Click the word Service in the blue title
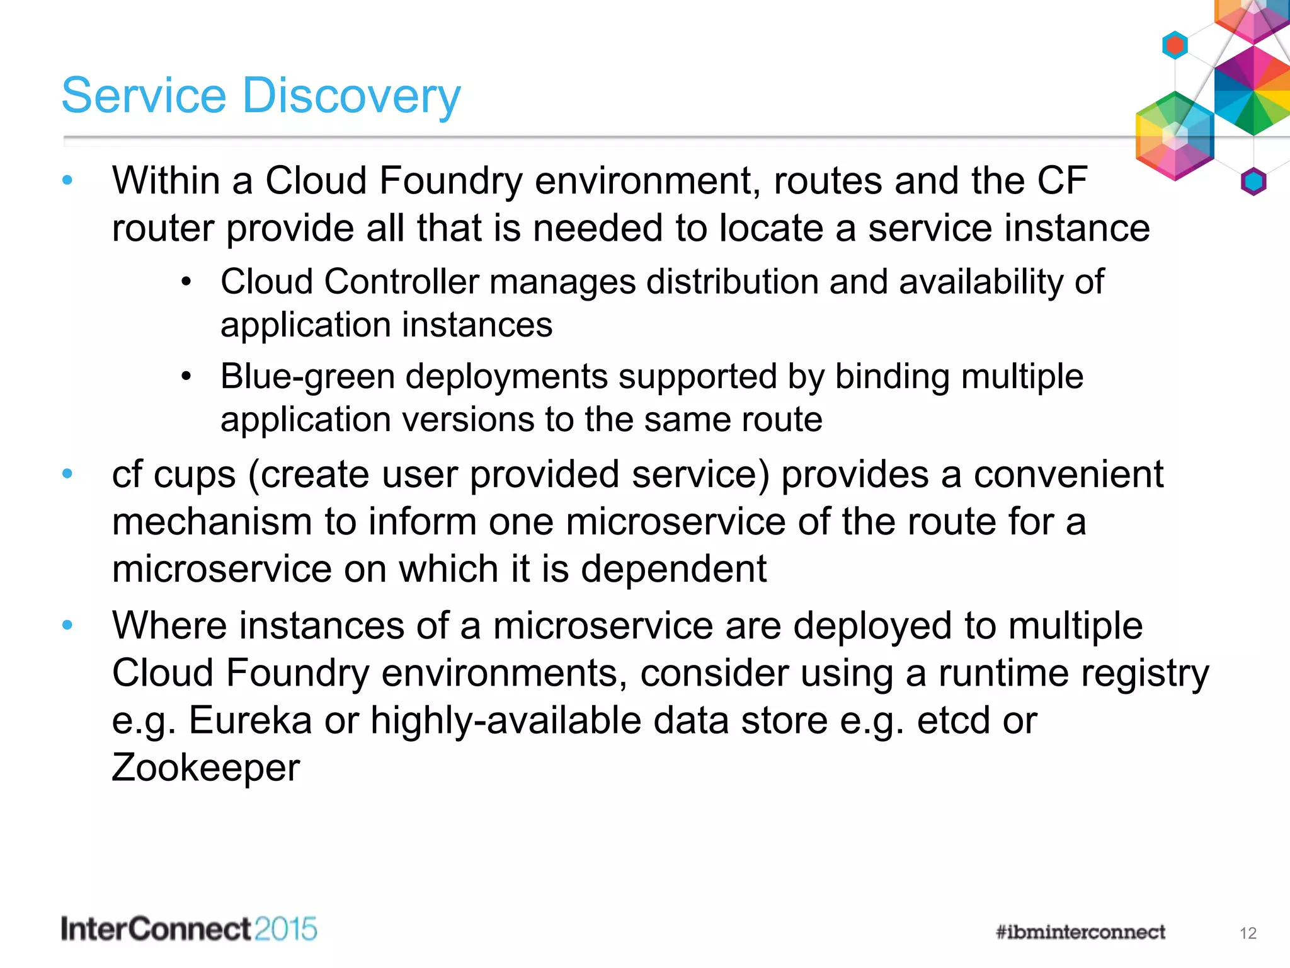(144, 96)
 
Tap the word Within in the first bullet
(166, 181)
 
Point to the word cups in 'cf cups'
(195, 475)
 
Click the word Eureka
(250, 720)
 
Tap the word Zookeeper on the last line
(205, 768)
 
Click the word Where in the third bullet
(169, 626)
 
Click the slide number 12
(1248, 933)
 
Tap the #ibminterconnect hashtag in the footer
(1080, 932)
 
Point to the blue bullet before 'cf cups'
(67, 473)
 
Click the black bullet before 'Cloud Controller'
(186, 282)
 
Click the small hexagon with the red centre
(1175, 45)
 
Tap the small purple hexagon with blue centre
(1253, 182)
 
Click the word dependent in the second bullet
(673, 569)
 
